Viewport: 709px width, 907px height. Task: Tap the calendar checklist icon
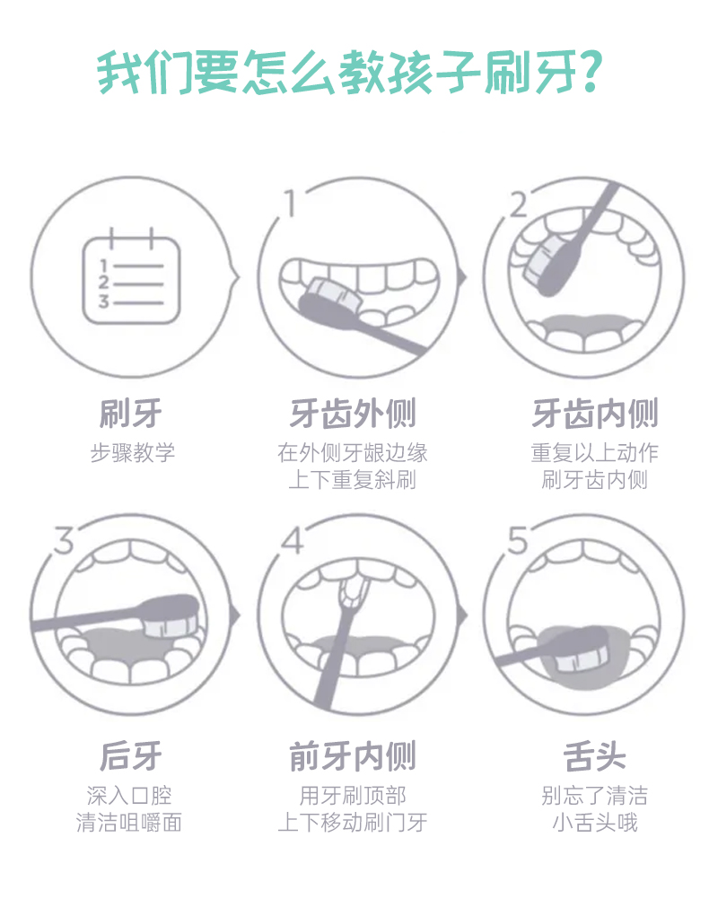tap(131, 276)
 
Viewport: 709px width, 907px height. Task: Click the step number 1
tap(291, 204)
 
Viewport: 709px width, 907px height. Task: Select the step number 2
tap(519, 205)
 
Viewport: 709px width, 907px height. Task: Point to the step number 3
tap(65, 541)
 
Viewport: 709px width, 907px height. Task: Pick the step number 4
tap(293, 541)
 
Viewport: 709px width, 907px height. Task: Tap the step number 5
tap(518, 541)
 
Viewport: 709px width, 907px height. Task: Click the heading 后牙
tap(131, 755)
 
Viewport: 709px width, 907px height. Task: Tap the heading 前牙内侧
tap(353, 755)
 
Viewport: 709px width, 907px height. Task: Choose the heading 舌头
tap(595, 755)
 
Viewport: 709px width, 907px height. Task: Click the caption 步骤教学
tap(132, 452)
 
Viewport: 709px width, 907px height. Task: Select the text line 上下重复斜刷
tap(353, 480)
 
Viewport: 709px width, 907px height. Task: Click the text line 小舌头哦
tap(595, 822)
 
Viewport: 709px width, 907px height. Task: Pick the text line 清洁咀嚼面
tap(129, 822)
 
